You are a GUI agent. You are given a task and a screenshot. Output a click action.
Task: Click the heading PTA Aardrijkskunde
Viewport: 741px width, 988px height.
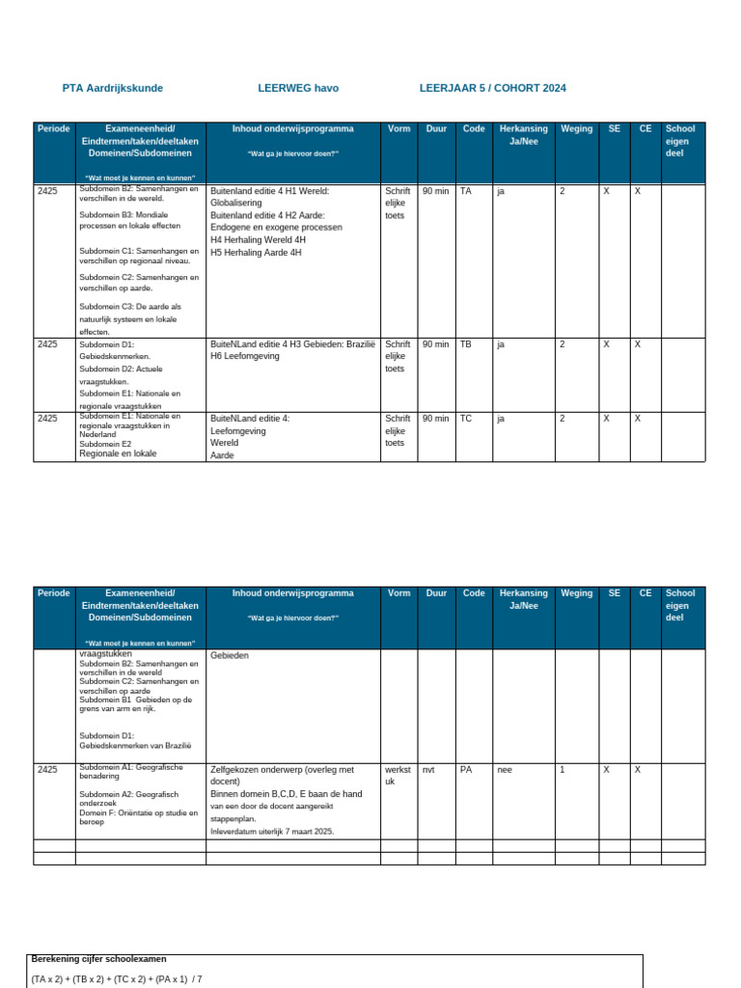[113, 89]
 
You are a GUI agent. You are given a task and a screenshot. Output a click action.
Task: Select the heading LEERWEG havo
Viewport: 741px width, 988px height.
[298, 89]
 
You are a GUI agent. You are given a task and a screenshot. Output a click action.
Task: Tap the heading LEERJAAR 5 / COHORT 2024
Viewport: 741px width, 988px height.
[492, 89]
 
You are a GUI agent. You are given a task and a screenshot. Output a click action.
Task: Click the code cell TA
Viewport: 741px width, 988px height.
[466, 192]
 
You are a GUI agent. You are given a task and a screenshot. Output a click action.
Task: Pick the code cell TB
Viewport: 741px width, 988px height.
[466, 344]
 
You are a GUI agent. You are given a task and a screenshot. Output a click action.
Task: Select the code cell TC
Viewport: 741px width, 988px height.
[466, 419]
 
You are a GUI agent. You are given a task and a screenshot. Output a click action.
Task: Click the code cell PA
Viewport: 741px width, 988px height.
[466, 770]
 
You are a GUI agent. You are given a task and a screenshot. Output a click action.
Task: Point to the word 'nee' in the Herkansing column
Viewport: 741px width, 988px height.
[505, 770]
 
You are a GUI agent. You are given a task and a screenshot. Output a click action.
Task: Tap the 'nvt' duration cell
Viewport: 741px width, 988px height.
[430, 770]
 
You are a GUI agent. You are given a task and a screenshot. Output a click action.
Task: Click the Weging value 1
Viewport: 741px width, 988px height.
[563, 770]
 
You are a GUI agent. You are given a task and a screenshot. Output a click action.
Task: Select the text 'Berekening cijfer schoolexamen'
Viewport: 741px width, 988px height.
[98, 959]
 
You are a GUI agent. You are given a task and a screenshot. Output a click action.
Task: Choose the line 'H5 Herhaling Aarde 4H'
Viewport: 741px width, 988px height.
[256, 253]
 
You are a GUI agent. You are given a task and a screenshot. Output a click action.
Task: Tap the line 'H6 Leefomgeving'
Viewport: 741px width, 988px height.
[245, 356]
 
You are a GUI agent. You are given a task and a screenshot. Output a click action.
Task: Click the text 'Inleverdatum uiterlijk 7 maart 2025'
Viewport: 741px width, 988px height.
[272, 831]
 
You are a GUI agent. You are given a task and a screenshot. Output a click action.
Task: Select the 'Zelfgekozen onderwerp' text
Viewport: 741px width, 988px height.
[282, 770]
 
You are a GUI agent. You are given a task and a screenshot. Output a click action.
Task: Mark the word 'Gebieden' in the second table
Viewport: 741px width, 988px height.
[230, 655]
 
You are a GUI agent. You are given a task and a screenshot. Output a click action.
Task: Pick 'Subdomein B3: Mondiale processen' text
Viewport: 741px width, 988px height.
[125, 219]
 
